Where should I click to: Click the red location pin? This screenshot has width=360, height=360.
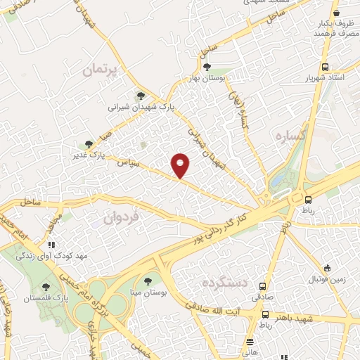(181, 165)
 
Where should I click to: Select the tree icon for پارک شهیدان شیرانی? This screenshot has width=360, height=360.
(141, 96)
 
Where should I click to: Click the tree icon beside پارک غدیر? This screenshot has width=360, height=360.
(88, 143)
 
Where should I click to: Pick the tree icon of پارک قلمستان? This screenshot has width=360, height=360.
(46, 287)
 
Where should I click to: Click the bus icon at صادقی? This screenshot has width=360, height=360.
(263, 286)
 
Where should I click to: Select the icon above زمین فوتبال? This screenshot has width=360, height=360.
(327, 268)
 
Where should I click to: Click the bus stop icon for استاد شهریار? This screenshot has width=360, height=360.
(324, 66)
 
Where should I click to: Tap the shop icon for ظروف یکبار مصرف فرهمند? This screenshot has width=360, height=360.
(337, 12)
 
